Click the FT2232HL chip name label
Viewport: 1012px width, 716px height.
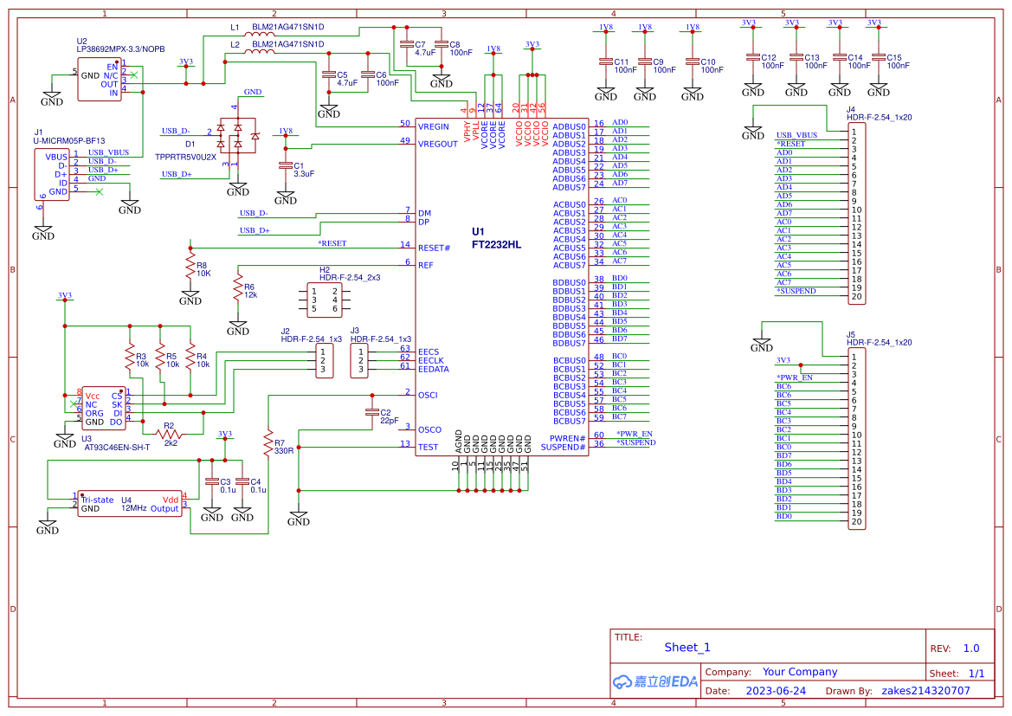point(496,245)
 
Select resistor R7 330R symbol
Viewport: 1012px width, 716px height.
point(268,442)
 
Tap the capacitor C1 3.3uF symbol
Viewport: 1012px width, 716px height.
point(286,165)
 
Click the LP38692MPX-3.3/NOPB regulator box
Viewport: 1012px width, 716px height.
point(100,80)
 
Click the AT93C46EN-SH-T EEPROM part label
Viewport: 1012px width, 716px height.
point(117,448)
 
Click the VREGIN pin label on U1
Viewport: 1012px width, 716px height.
point(434,126)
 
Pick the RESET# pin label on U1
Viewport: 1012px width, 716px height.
point(434,248)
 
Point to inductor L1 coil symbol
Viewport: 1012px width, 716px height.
point(260,36)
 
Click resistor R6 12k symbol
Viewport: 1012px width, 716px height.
point(238,287)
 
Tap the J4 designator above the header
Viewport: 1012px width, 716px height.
point(851,109)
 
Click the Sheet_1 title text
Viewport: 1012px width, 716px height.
point(687,648)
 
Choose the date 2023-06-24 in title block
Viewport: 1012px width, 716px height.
point(776,691)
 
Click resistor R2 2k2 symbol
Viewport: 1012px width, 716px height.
point(170,433)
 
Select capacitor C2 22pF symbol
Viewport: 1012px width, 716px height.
point(372,412)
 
